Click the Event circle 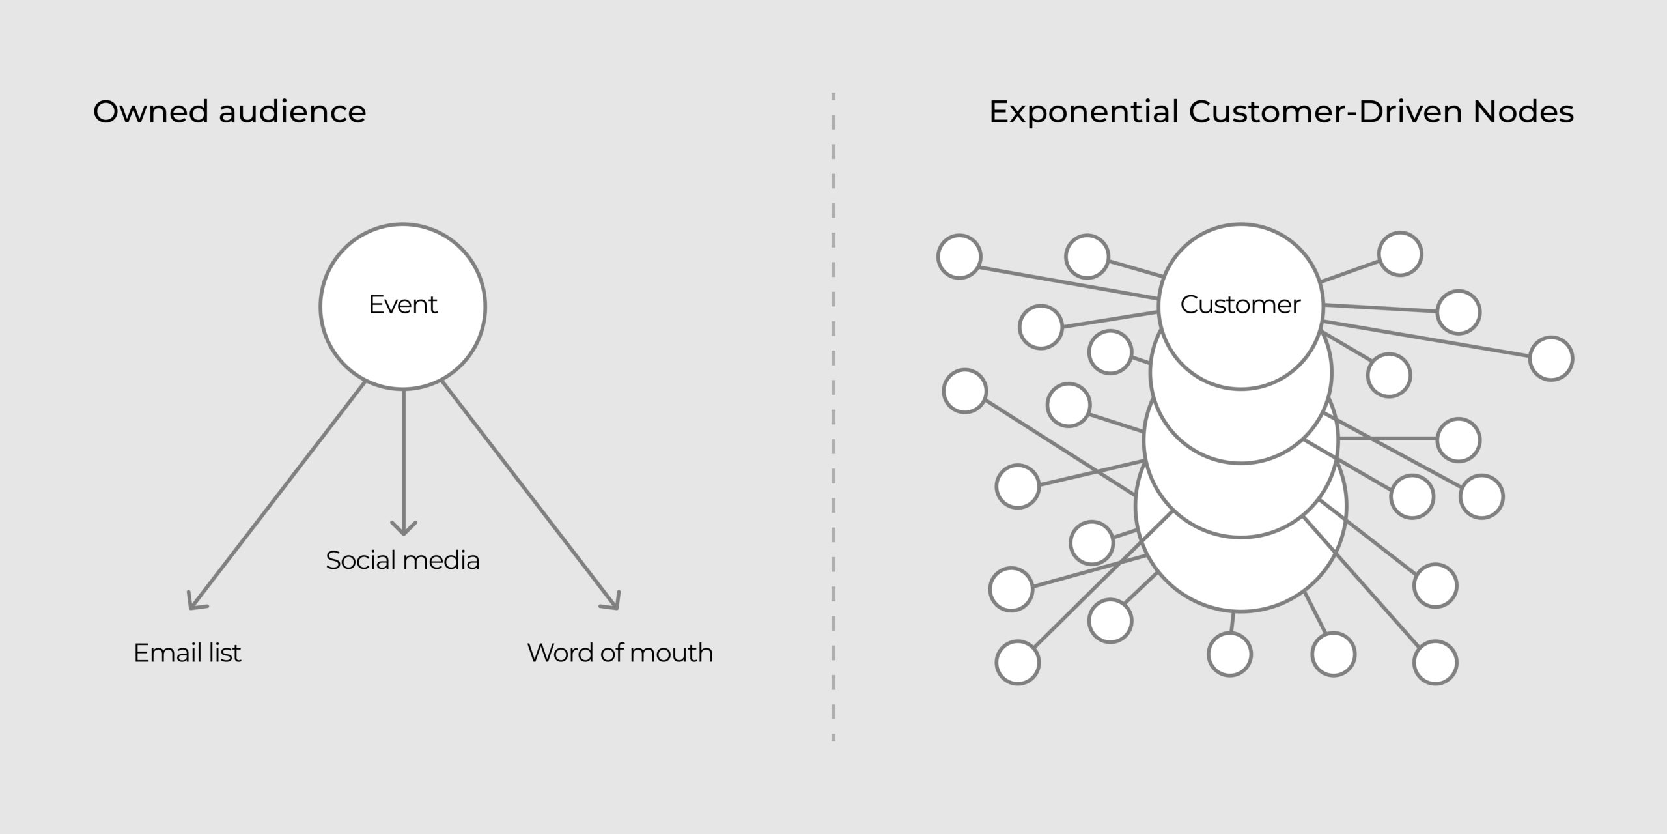point(402,306)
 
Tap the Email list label point(187,653)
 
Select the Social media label point(402,560)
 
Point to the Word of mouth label point(620,653)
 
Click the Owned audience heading point(229,111)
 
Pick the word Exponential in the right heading point(1084,111)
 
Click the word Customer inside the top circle point(1240,304)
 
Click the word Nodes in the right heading point(1523,111)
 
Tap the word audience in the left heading point(292,111)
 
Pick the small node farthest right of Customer point(1551,358)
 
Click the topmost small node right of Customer point(1400,253)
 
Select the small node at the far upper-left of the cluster point(959,257)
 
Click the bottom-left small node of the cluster point(1017,663)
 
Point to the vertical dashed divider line point(833,417)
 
